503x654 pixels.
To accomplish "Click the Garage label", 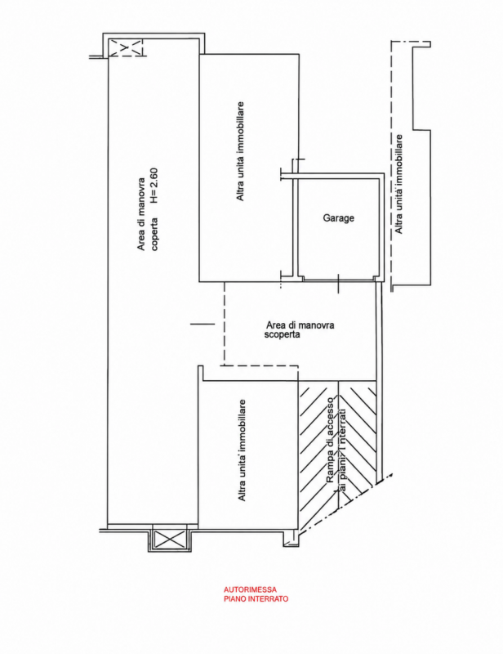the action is [338, 217].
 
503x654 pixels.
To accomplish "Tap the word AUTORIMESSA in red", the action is [250, 589].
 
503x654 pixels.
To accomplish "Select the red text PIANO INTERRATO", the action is [256, 599].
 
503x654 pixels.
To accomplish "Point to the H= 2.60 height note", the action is [154, 186].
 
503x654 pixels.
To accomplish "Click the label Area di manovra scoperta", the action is [300, 329].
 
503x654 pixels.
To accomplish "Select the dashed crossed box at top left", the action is [126, 47].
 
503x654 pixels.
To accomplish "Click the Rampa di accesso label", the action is [330, 440].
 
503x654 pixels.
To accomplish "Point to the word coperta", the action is [154, 234].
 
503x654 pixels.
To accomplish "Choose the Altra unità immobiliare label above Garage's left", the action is [240, 151].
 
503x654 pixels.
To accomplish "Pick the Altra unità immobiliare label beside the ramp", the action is [241, 450].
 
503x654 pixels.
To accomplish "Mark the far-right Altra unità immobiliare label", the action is [398, 184].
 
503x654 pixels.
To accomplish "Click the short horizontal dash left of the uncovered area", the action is [203, 324].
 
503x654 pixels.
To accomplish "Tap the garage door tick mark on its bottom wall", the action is [338, 283].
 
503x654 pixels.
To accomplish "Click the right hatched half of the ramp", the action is [358, 434].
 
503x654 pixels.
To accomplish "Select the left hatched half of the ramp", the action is [318, 455].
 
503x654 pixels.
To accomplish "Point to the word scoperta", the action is [283, 334].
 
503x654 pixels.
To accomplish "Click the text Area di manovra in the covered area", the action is [141, 214].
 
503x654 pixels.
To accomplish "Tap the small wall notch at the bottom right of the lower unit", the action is [291, 538].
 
